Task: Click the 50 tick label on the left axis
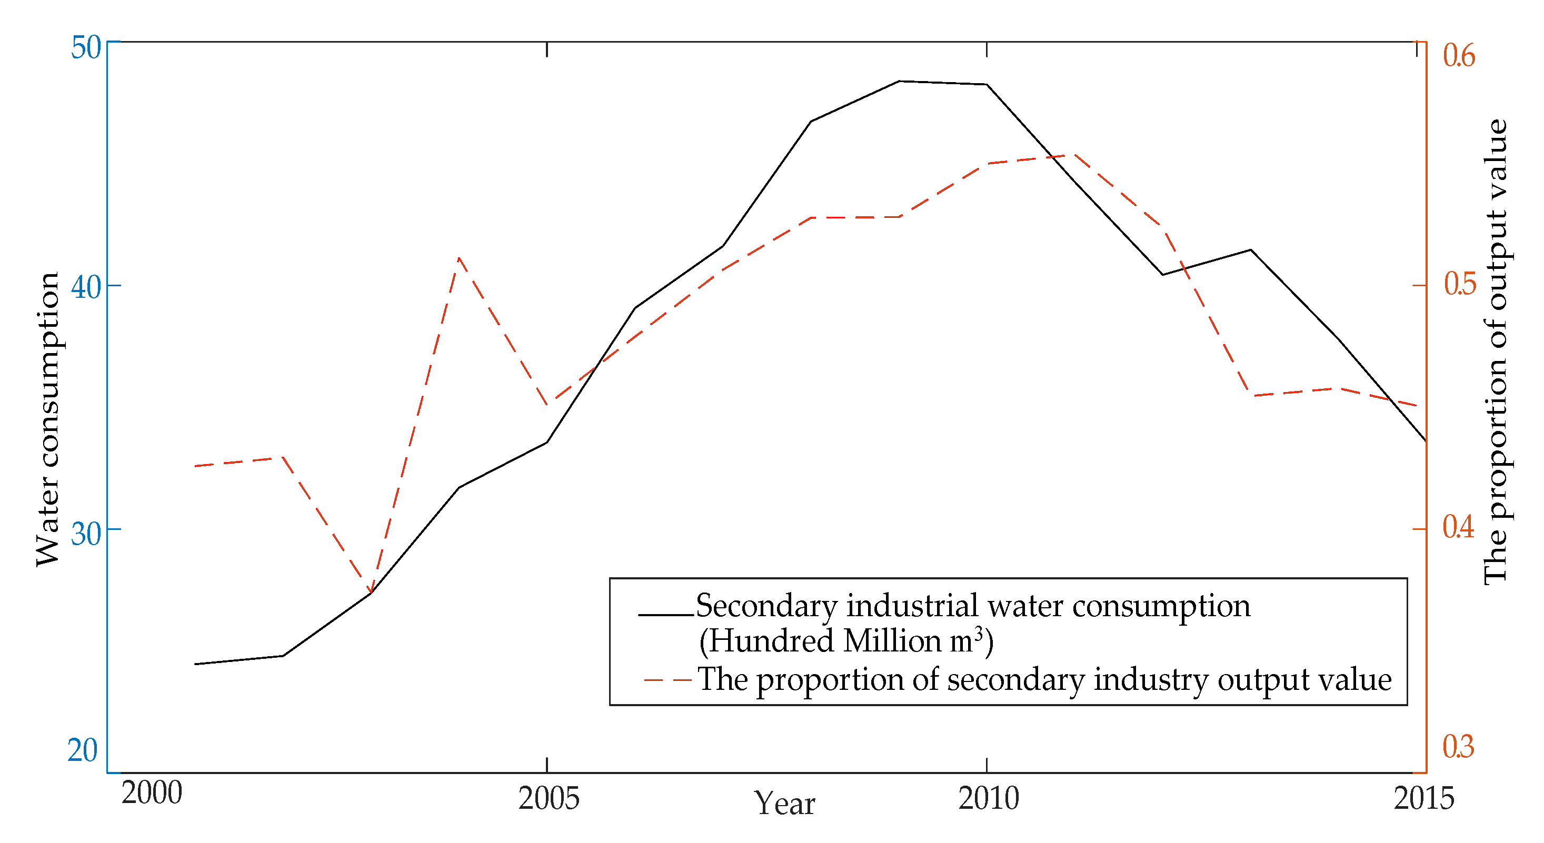(x=86, y=48)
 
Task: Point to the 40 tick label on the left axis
(x=86, y=288)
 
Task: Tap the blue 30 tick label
(x=86, y=534)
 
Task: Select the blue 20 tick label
(x=83, y=751)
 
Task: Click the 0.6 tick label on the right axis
(x=1458, y=56)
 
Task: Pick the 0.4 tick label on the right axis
(x=1458, y=527)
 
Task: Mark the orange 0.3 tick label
(x=1458, y=747)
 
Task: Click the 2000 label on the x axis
(x=152, y=793)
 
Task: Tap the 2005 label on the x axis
(x=549, y=799)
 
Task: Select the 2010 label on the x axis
(x=989, y=799)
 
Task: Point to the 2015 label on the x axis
(x=1423, y=799)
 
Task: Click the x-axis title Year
(x=784, y=804)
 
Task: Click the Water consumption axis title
(x=48, y=419)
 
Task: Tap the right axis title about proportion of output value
(x=1496, y=352)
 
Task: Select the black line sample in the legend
(x=665, y=615)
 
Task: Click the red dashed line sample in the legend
(x=667, y=680)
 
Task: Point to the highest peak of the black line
(x=900, y=81)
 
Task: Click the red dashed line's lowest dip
(x=371, y=592)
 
